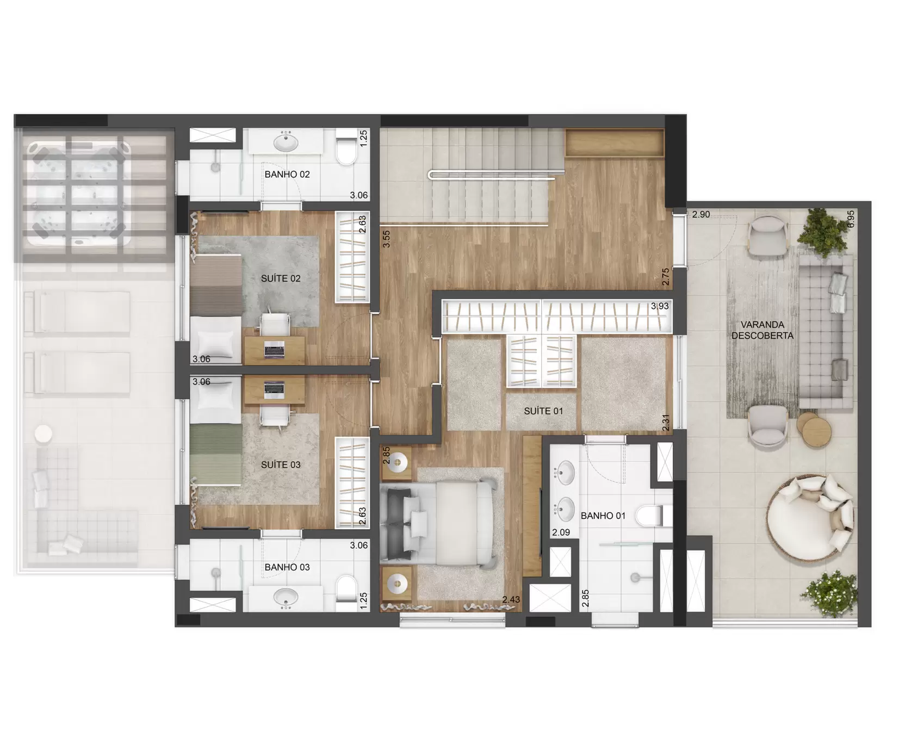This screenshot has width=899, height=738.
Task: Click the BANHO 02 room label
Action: [287, 175]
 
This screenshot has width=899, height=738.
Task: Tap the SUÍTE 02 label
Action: [281, 278]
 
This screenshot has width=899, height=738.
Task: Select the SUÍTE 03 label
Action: [281, 464]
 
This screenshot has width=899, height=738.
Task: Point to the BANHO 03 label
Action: [287, 567]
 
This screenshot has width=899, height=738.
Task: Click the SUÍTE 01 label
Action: [543, 411]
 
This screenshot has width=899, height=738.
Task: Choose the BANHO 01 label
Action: [603, 516]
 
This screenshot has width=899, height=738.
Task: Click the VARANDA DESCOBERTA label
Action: [762, 330]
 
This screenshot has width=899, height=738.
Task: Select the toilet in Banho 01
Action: [654, 516]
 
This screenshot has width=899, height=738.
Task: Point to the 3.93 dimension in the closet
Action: [660, 306]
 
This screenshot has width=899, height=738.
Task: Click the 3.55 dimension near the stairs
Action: [386, 239]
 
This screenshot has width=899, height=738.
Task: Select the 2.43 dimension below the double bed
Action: [511, 599]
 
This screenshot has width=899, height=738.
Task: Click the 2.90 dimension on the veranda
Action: [701, 214]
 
